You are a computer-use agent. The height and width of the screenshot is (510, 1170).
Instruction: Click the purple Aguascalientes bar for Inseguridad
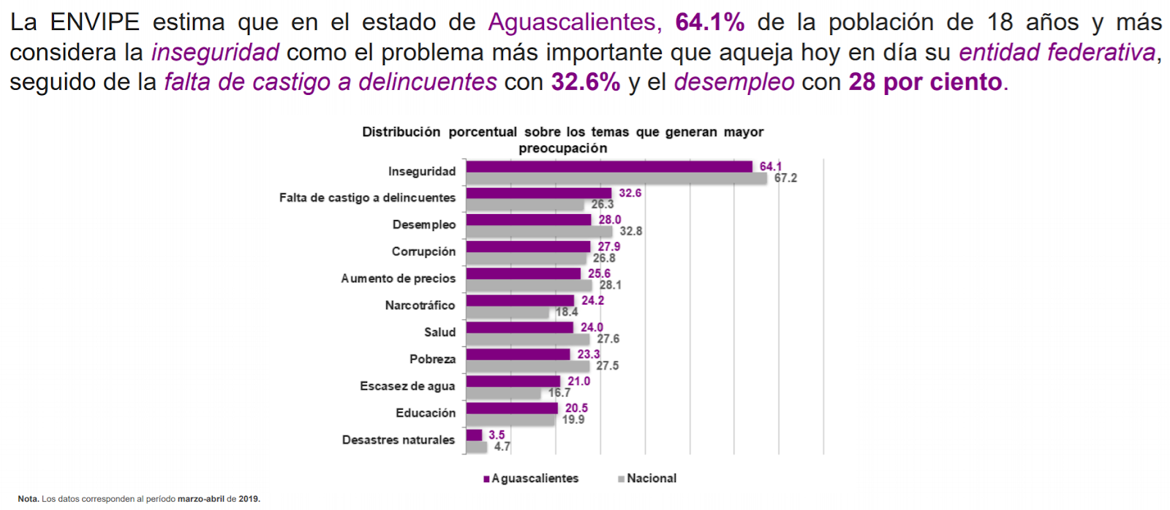point(608,167)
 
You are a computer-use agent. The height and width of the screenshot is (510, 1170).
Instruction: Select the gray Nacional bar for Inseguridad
point(616,178)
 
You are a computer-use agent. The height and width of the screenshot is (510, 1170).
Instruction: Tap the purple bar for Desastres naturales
point(474,435)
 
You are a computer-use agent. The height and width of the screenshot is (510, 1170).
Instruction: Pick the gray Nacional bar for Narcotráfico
point(507,313)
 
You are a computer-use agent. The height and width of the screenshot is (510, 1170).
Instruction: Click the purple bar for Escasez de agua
point(513,381)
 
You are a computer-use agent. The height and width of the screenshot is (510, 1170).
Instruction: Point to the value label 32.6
point(630,193)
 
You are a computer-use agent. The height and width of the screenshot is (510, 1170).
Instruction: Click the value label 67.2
point(785,178)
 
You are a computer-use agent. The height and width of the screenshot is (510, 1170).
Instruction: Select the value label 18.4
point(566,312)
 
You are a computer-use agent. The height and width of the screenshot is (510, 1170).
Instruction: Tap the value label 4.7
point(502,446)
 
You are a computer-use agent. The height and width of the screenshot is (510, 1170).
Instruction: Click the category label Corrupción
point(423,251)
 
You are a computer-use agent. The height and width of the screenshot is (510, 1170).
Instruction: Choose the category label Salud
point(439,332)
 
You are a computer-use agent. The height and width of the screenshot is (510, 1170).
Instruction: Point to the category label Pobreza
point(432,359)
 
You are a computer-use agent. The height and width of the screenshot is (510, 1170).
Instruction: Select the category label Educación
point(426,413)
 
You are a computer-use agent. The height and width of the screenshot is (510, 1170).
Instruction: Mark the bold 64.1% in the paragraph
point(709,22)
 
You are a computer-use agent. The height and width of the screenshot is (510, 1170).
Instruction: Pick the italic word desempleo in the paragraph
point(733,82)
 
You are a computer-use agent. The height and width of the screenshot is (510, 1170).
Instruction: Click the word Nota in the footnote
point(28,499)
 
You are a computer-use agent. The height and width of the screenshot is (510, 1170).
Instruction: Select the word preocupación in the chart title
point(562,148)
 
